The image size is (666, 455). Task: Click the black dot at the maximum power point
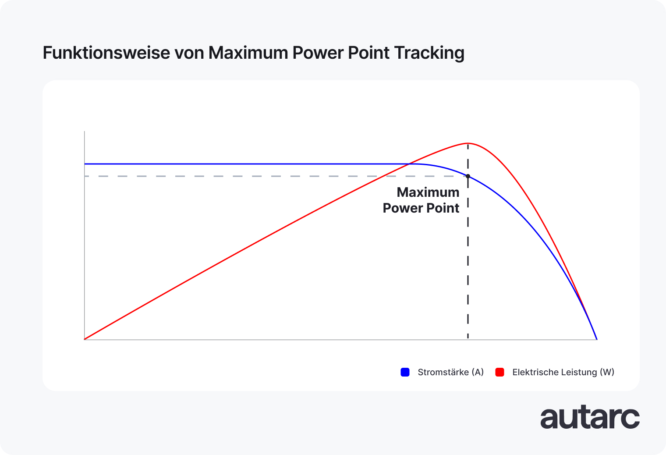point(468,176)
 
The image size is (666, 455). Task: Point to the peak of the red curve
point(468,143)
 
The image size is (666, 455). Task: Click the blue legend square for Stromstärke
point(405,372)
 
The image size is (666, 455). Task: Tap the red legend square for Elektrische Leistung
point(499,372)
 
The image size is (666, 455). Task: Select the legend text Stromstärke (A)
point(450,372)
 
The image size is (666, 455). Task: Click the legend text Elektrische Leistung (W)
point(563,372)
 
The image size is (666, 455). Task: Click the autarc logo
point(590,418)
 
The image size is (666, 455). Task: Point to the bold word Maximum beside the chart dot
point(428,192)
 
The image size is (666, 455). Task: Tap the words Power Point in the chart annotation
point(421,208)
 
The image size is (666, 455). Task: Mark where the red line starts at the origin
point(85,339)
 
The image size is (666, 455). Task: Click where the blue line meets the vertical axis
point(85,164)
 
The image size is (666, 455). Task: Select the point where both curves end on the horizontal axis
point(597,339)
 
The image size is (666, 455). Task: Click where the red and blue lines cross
point(409,164)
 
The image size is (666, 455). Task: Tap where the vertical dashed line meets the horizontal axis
point(468,339)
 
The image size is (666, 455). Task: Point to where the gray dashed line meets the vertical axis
point(85,176)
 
